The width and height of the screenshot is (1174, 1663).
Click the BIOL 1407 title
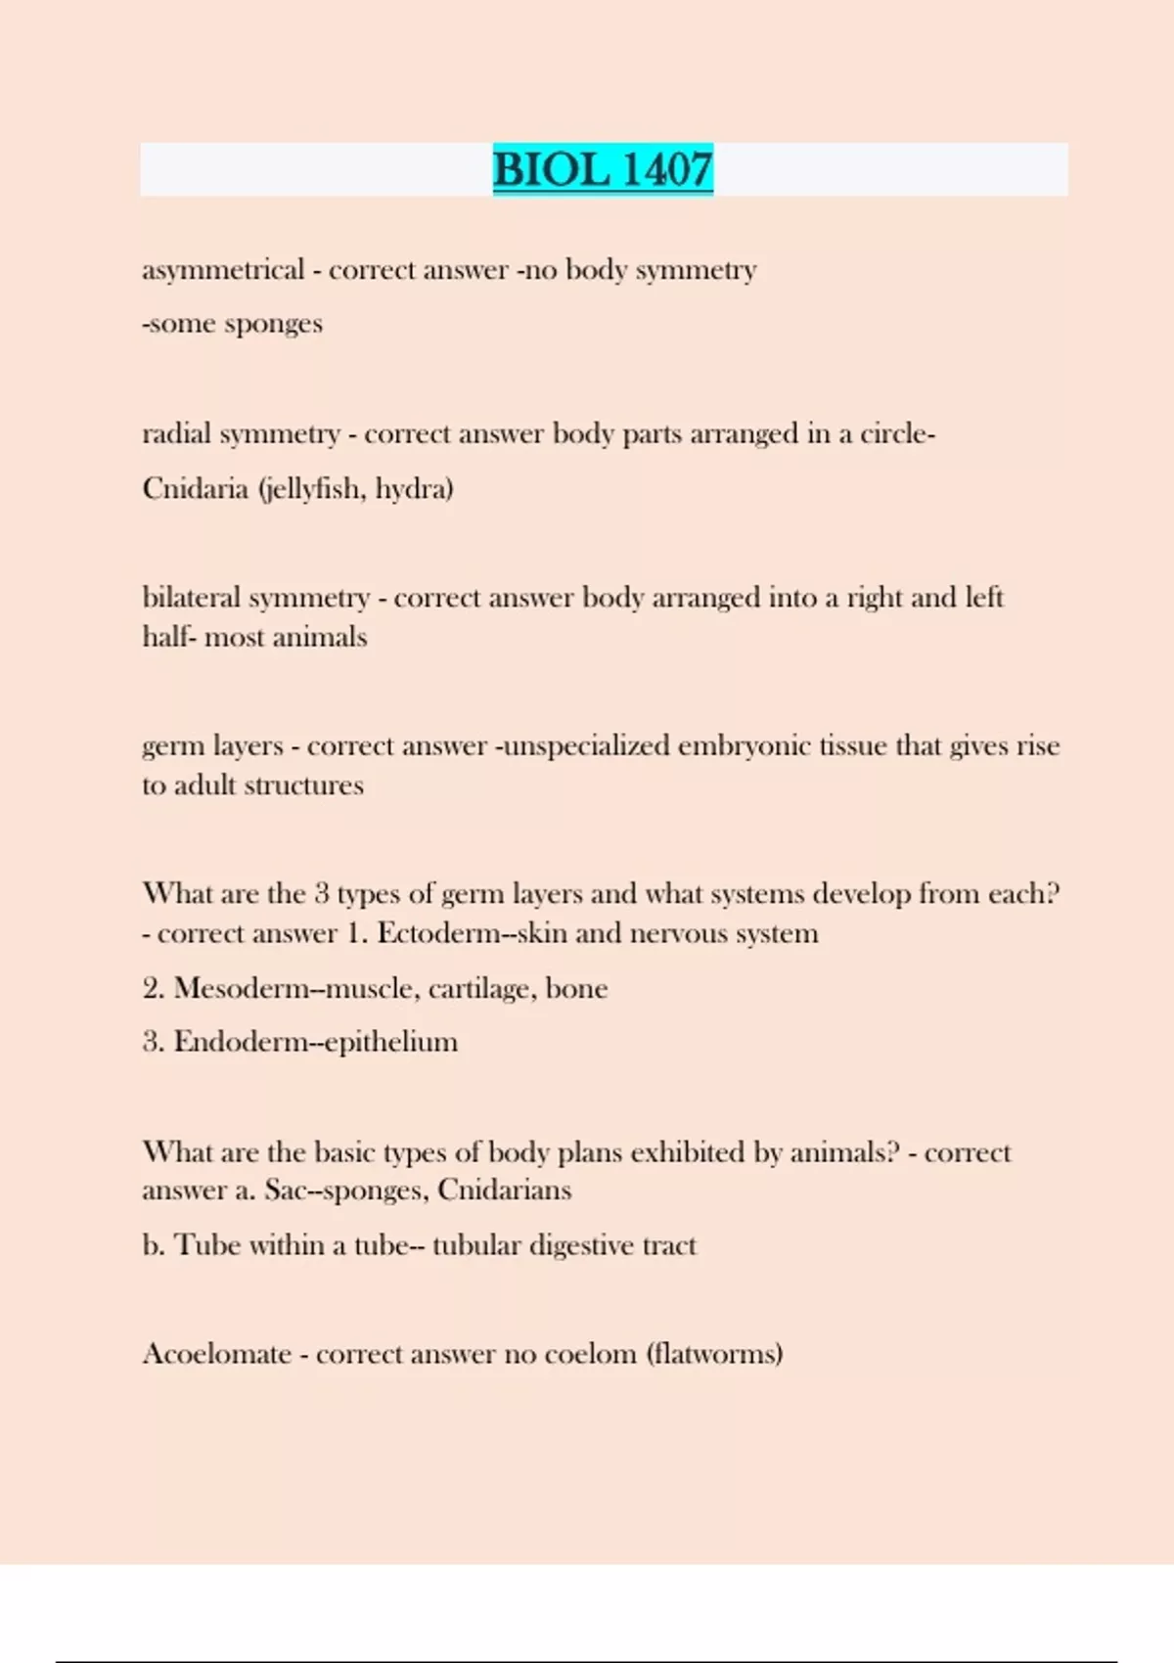[x=603, y=169]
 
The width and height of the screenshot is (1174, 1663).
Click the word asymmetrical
[x=223, y=270]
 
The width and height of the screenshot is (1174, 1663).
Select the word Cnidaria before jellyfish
[x=195, y=488]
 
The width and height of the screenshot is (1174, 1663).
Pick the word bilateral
[x=191, y=598]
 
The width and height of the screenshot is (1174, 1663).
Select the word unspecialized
[x=585, y=746]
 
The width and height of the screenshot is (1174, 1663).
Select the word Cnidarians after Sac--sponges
[x=504, y=1190]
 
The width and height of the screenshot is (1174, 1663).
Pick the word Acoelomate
[x=217, y=1354]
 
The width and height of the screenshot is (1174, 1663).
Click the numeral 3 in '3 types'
[x=322, y=894]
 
